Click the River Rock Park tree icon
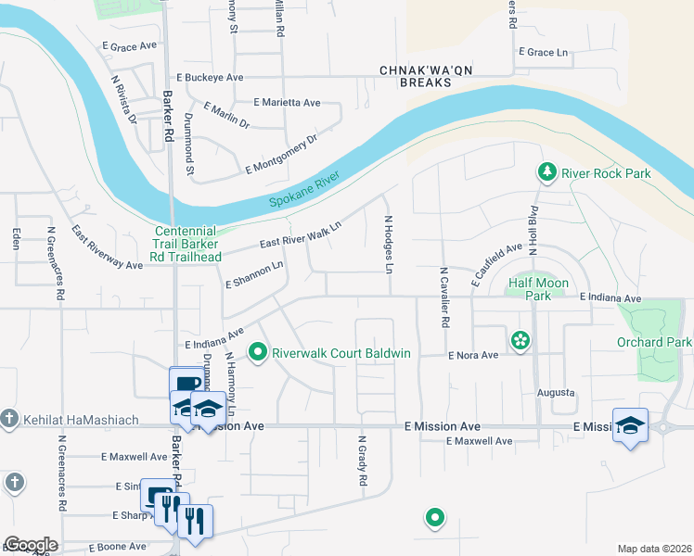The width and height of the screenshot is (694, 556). click(x=547, y=172)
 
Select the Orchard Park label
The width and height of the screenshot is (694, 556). click(x=654, y=342)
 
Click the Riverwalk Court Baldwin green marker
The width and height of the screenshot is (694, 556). click(x=257, y=352)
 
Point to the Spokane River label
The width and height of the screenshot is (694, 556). click(x=305, y=190)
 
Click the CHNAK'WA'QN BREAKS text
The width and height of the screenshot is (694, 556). click(x=415, y=76)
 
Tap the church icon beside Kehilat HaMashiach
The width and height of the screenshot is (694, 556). click(x=9, y=420)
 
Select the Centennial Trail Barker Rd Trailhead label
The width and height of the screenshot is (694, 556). click(x=186, y=245)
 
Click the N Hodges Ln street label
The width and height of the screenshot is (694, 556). click(x=390, y=244)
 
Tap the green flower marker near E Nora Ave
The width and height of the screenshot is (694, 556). click(x=520, y=340)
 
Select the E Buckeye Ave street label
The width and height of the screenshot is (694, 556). click(x=210, y=78)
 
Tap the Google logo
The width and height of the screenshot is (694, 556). click(x=30, y=545)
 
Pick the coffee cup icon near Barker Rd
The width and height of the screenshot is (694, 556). click(x=186, y=382)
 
